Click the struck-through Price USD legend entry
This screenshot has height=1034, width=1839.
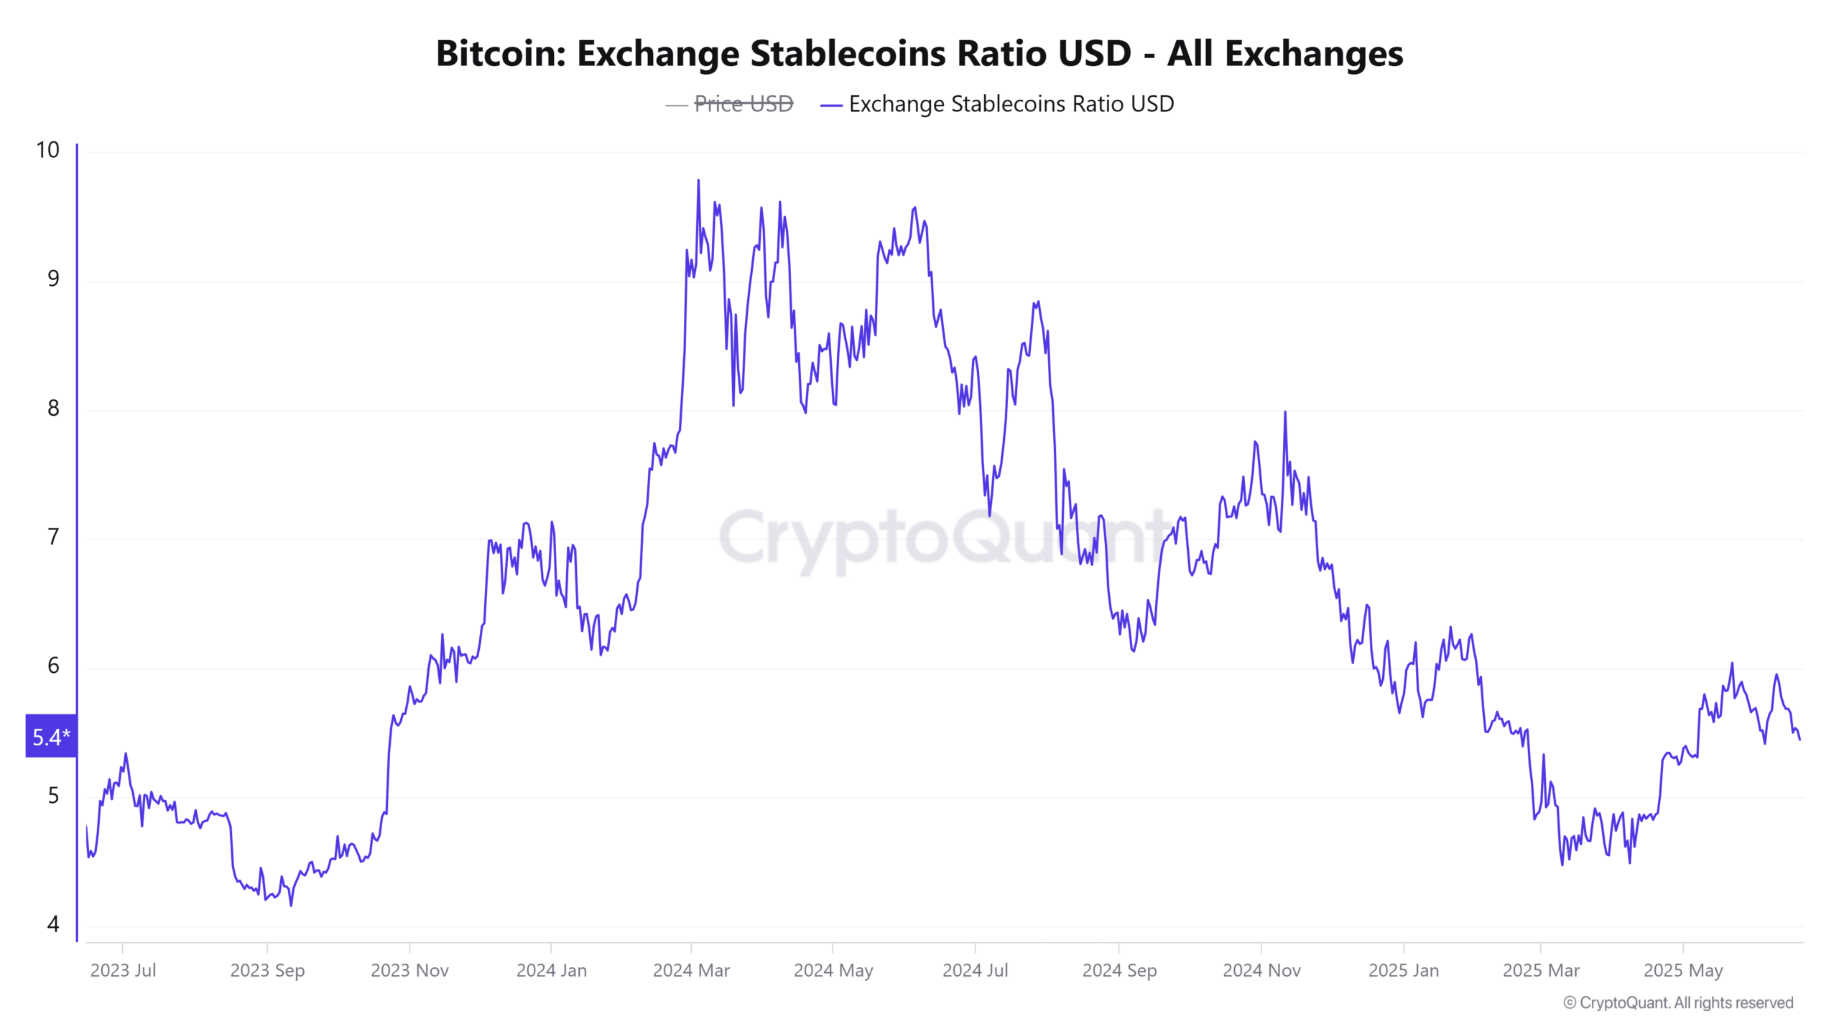pos(743,104)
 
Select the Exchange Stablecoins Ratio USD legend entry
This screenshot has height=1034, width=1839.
pos(1011,104)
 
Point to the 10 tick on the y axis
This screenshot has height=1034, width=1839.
pos(47,150)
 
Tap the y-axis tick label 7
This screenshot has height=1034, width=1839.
pos(53,537)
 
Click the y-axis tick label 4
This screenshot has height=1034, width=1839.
pos(53,924)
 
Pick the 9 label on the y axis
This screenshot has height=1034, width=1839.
pos(53,279)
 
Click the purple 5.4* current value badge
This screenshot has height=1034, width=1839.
pos(51,736)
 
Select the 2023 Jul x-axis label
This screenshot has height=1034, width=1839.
pos(123,970)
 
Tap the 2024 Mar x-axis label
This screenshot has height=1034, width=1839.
pos(691,970)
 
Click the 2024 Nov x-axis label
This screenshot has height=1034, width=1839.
pos(1261,970)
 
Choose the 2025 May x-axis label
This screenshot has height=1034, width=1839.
pos(1683,970)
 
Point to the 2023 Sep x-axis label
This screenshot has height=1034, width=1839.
pos(267,970)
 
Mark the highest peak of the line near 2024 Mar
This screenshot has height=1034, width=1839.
pos(698,181)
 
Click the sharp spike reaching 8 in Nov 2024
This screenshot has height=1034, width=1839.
pos(1285,413)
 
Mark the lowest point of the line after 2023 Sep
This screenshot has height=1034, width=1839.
pos(291,905)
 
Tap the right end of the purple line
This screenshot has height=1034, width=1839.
pos(1799,739)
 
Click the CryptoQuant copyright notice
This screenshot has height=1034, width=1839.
pos(1678,1002)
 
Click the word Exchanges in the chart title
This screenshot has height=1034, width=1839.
pos(1313,54)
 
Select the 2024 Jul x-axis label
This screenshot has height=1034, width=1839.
pos(975,970)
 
